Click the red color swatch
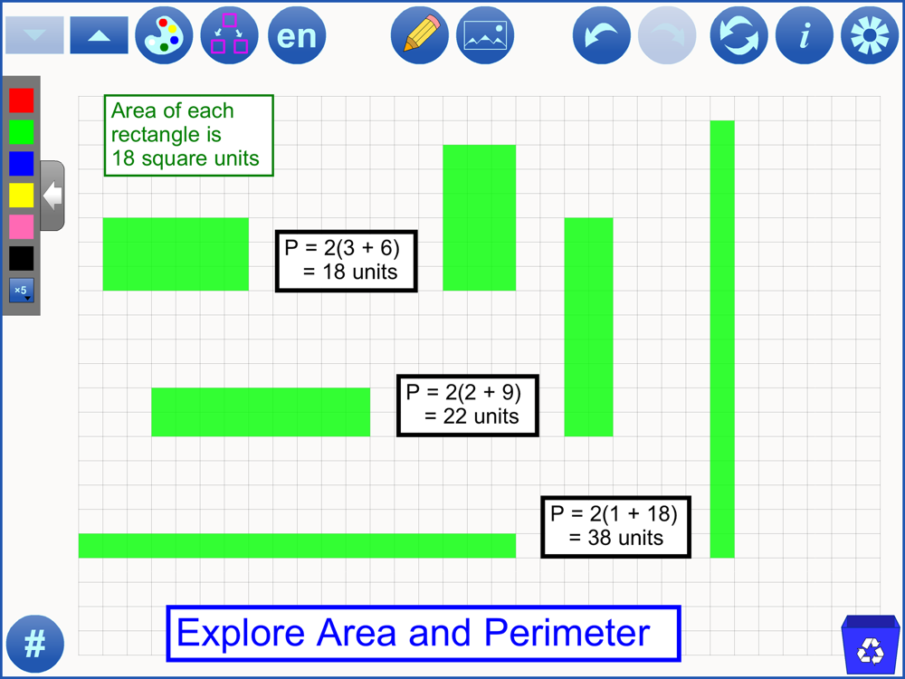[22, 100]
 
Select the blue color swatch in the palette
[22, 163]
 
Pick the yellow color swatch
[22, 196]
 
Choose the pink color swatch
[22, 227]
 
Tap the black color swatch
[22, 258]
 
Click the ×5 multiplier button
[22, 291]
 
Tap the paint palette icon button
[164, 35]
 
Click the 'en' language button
[297, 35]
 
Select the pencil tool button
[420, 35]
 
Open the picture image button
[485, 35]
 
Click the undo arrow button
[602, 35]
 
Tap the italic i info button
[805, 35]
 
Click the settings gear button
[870, 35]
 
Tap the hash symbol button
[35, 644]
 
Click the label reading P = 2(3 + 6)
[342, 248]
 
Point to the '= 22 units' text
[472, 416]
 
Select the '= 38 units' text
[615, 538]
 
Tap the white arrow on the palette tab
[52, 196]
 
